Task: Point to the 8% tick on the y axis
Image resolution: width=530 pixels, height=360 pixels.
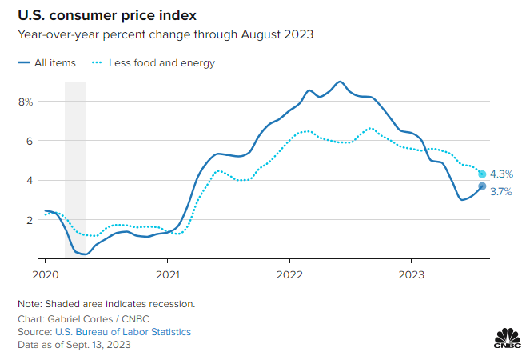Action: click(x=26, y=102)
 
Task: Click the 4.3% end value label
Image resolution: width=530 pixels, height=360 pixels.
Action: click(x=501, y=174)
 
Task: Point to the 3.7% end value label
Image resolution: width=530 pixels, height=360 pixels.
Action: click(x=501, y=191)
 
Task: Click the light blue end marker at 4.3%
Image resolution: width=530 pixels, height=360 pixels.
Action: click(x=482, y=174)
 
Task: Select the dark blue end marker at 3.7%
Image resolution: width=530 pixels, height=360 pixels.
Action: click(x=482, y=186)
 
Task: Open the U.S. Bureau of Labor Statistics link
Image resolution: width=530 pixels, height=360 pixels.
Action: click(x=122, y=331)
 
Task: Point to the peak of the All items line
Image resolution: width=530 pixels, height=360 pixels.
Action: click(x=340, y=82)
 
